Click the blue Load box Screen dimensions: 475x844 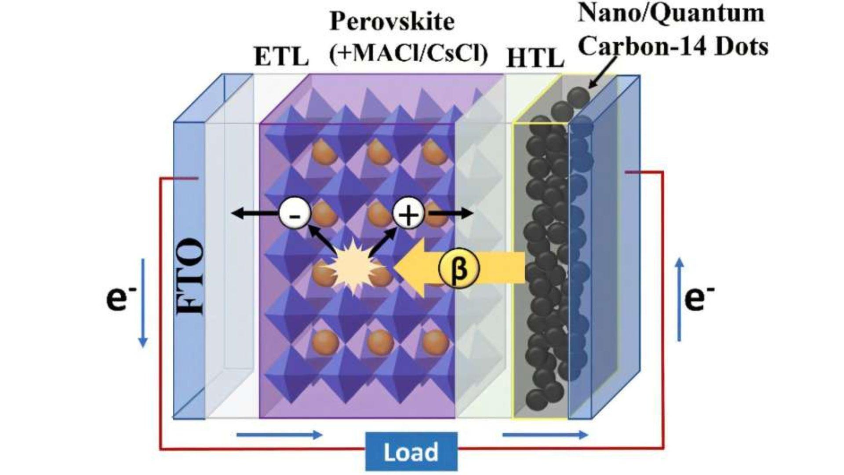[411, 451]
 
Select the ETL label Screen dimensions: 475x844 [281, 57]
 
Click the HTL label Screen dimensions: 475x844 [535, 58]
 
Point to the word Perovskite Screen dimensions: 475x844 [392, 21]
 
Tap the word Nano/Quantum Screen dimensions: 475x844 [671, 13]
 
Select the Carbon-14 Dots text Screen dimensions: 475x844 [673, 46]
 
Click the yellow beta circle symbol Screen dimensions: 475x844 [459, 269]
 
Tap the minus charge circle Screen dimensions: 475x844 [295, 214]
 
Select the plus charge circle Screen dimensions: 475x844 [408, 214]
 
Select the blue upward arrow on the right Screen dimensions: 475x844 [680, 299]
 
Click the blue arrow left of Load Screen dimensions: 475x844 [280, 435]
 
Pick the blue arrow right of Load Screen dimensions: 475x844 [545, 435]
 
